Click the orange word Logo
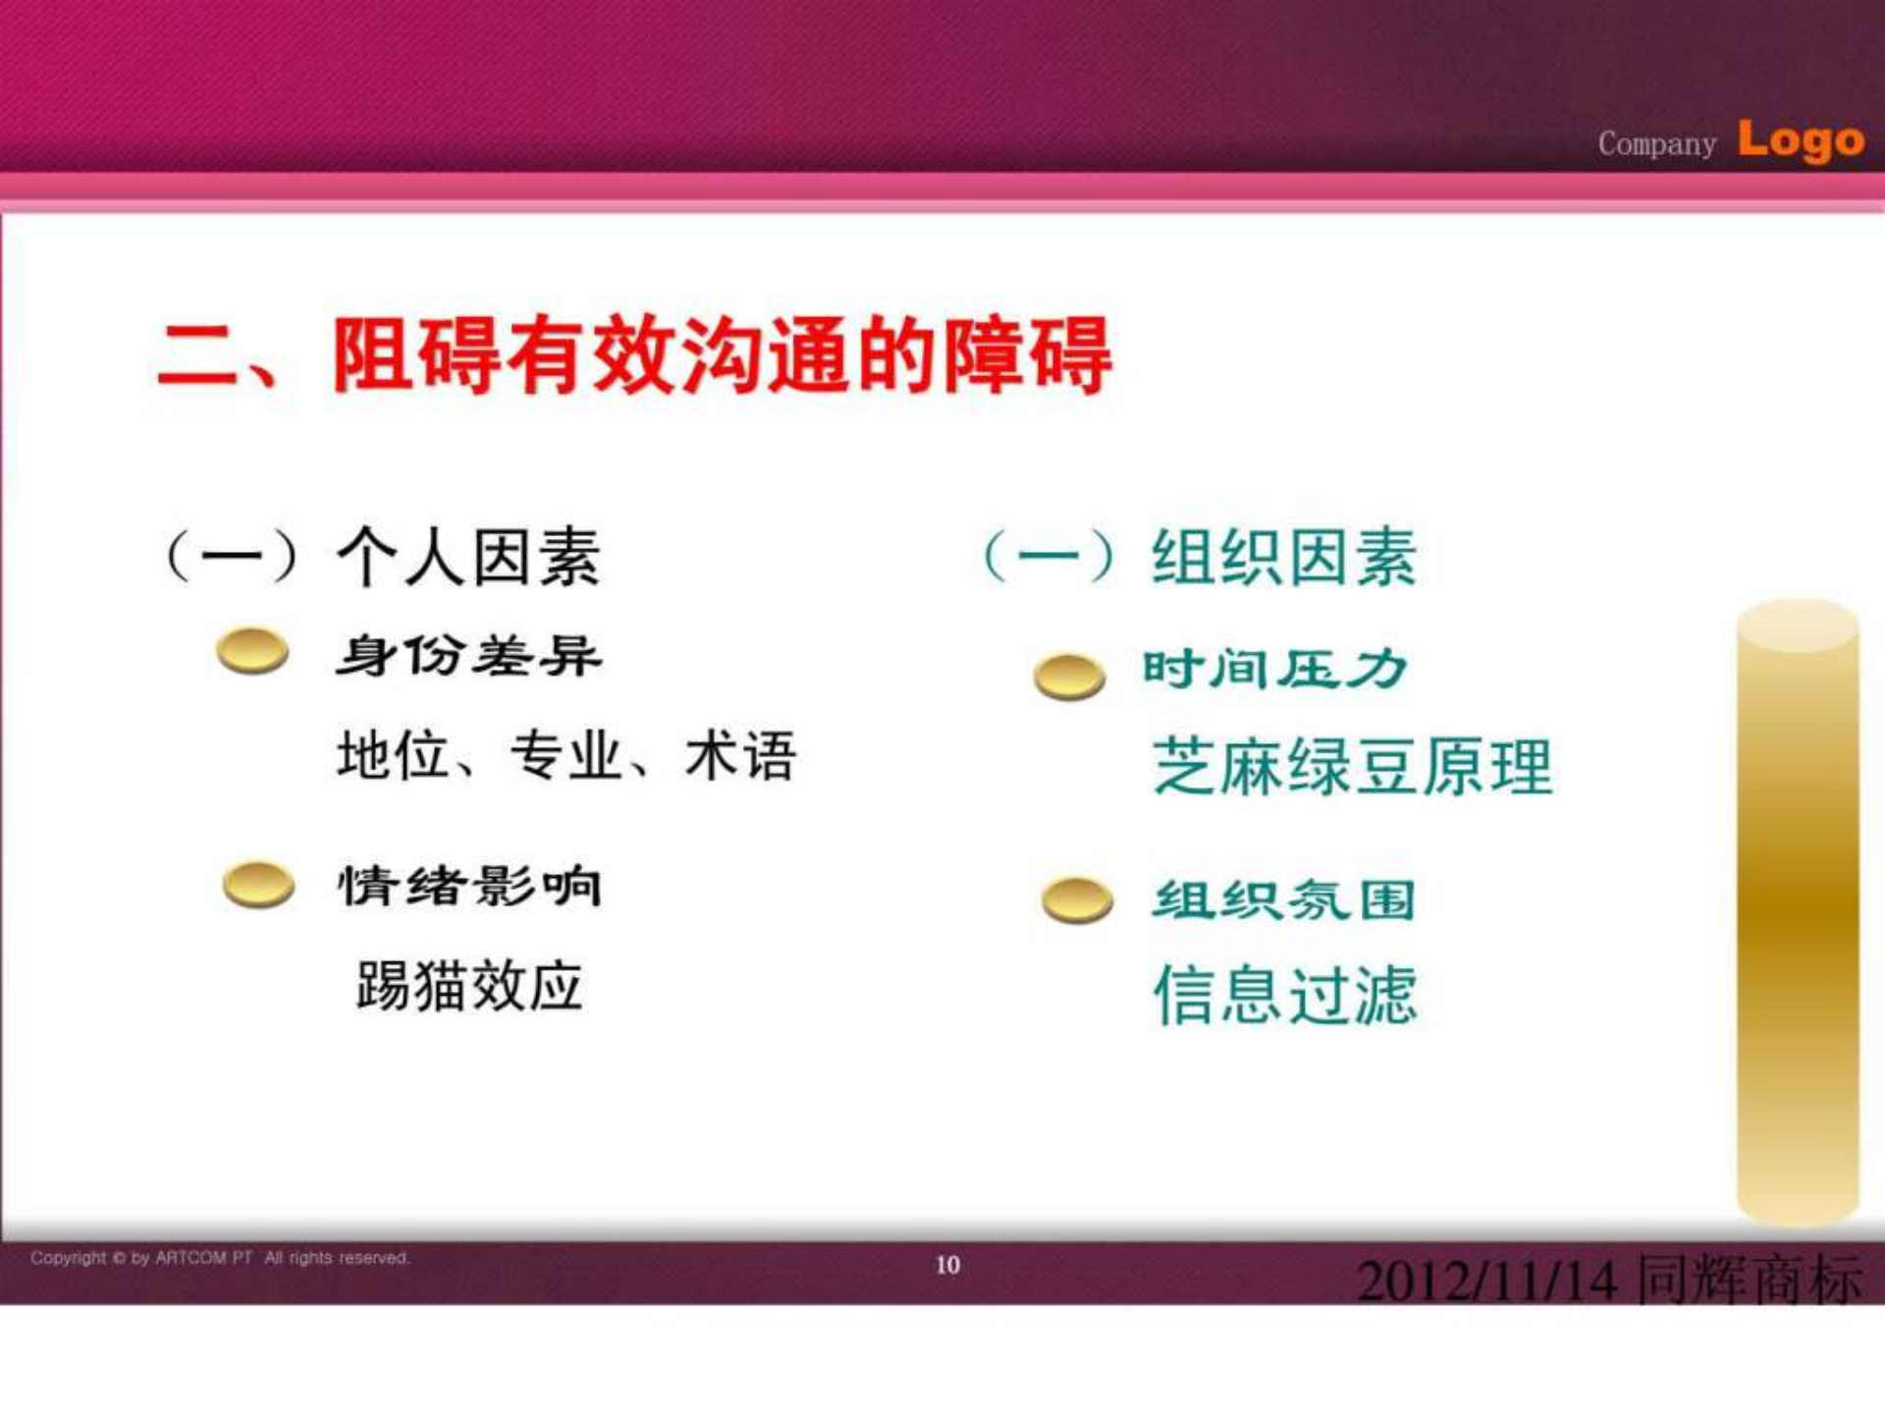click(x=1801, y=140)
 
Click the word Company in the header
click(x=1657, y=143)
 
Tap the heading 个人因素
click(x=468, y=557)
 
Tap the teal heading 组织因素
click(x=1284, y=557)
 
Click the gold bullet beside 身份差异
click(x=253, y=651)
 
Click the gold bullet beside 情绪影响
click(x=258, y=884)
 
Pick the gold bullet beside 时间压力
click(x=1069, y=676)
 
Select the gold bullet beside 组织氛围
click(x=1077, y=899)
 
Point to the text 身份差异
click(x=468, y=655)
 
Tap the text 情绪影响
click(x=469, y=886)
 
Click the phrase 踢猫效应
click(x=469, y=985)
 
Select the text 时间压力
click(x=1275, y=670)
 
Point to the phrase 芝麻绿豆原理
click(x=1353, y=766)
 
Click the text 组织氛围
click(x=1284, y=899)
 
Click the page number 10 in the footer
click(x=947, y=1265)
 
